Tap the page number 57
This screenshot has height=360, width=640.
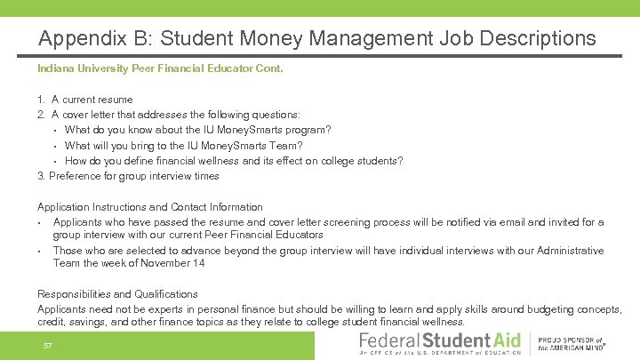(48, 344)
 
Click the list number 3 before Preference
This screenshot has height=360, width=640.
(41, 176)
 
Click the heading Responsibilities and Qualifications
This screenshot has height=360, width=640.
(117, 293)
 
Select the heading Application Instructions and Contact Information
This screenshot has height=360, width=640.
(149, 207)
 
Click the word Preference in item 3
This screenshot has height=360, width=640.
(77, 176)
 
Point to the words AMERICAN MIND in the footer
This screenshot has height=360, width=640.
(578, 348)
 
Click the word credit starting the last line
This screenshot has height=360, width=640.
(51, 322)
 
